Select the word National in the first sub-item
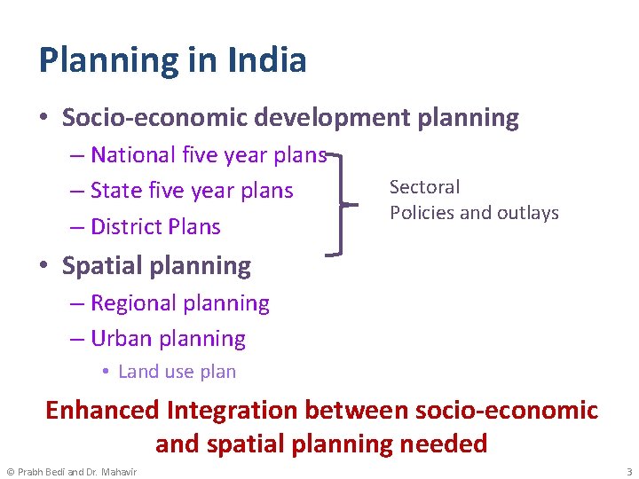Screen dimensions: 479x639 coord(133,155)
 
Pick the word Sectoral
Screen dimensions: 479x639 coord(425,187)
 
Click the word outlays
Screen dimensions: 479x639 coord(528,213)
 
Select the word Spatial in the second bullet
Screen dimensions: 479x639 coord(102,265)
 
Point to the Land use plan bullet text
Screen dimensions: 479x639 coord(177,372)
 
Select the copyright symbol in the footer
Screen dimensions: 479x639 coord(10,471)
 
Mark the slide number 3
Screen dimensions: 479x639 coord(628,471)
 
